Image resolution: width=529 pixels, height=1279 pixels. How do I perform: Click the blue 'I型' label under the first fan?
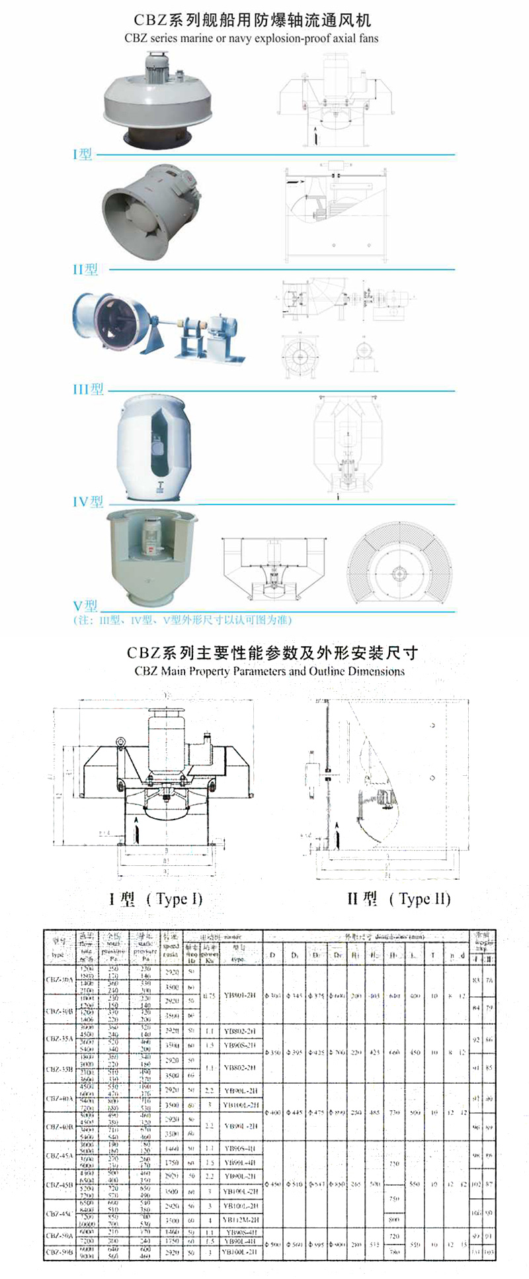tap(83, 154)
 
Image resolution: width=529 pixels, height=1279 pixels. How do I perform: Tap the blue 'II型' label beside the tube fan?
tap(85, 269)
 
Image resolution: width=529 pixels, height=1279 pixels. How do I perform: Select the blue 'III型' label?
tap(88, 389)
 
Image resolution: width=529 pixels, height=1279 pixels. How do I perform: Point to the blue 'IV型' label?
tap(88, 502)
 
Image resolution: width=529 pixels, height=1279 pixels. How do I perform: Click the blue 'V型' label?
tap(85, 605)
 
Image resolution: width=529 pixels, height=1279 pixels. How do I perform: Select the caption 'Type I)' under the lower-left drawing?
tap(175, 899)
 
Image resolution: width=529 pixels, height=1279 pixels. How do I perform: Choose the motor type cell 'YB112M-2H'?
tap(241, 1219)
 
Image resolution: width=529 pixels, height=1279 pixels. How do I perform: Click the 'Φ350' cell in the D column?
tap(272, 1052)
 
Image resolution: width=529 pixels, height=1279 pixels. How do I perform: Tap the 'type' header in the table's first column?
tap(58, 955)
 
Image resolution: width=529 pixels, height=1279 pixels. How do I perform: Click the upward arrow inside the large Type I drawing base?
tap(137, 829)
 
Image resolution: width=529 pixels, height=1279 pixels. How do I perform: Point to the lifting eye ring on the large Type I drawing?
tap(121, 742)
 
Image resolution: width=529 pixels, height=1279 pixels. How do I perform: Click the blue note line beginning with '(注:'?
tap(182, 620)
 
